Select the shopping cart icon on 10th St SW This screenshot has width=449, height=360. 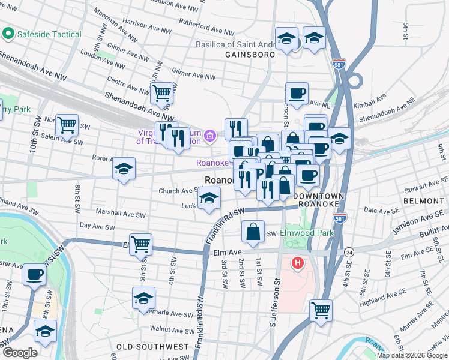(x=67, y=125)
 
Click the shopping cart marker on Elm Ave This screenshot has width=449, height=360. (x=140, y=244)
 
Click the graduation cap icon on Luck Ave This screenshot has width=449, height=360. (x=208, y=199)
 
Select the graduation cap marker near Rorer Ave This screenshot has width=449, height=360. (x=124, y=169)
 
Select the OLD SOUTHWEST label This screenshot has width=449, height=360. (x=152, y=347)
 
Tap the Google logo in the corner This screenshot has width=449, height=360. (x=20, y=353)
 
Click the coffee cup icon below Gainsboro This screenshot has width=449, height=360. (x=297, y=93)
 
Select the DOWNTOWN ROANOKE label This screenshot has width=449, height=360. (x=321, y=201)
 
